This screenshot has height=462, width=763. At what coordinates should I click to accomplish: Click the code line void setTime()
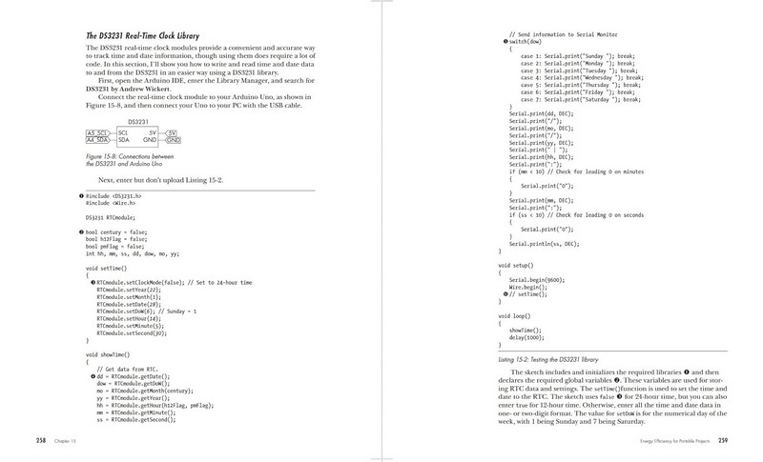point(103,269)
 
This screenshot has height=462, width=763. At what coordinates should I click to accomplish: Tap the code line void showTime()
point(105,353)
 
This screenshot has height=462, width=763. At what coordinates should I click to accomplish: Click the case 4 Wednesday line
point(584,77)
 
